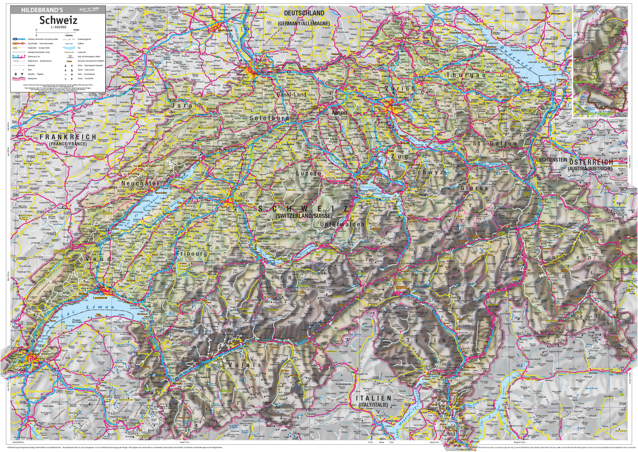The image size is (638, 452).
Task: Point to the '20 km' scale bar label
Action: point(76,30)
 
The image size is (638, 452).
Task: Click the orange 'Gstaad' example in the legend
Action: point(69,61)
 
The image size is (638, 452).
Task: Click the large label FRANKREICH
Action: point(68,137)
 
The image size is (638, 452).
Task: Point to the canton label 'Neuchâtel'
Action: point(140,183)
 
